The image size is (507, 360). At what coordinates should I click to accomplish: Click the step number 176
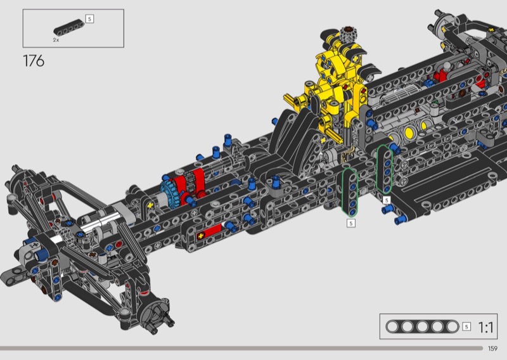(x=34, y=61)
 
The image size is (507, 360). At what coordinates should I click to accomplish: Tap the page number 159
(x=492, y=349)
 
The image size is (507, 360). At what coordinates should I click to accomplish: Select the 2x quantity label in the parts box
(x=56, y=40)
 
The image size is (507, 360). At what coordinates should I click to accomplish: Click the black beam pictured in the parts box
(x=69, y=28)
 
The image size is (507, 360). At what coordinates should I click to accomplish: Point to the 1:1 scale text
(x=485, y=327)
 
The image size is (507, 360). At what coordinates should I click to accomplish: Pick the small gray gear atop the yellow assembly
(x=347, y=35)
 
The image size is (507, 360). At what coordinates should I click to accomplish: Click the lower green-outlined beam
(x=350, y=192)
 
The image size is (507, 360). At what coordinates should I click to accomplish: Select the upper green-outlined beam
(x=385, y=170)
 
